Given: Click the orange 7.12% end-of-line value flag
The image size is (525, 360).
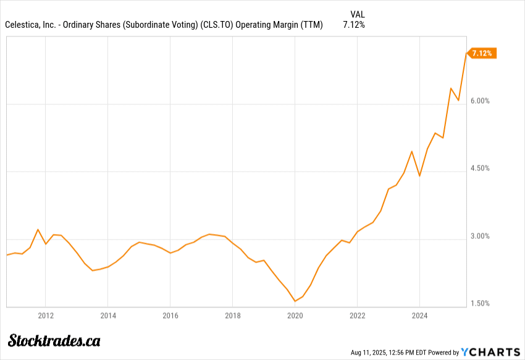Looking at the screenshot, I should (482, 53).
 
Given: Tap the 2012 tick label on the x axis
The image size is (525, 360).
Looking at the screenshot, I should (45, 316).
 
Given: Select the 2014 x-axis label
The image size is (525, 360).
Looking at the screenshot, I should (107, 316).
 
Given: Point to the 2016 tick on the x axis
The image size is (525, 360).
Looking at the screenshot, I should (170, 316).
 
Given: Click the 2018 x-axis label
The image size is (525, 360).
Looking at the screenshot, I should (233, 316).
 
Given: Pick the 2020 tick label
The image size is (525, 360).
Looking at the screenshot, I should (295, 316).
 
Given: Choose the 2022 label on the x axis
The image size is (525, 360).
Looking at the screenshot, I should (358, 316).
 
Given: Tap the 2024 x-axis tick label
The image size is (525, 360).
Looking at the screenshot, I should (420, 316).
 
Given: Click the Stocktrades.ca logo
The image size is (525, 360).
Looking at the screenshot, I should (54, 340).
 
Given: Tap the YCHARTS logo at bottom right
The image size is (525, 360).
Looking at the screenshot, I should (491, 352).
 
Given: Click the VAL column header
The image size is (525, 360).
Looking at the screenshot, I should (357, 14).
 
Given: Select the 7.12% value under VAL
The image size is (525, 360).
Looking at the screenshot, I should (354, 25).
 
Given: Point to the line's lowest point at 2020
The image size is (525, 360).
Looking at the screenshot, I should (295, 301).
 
